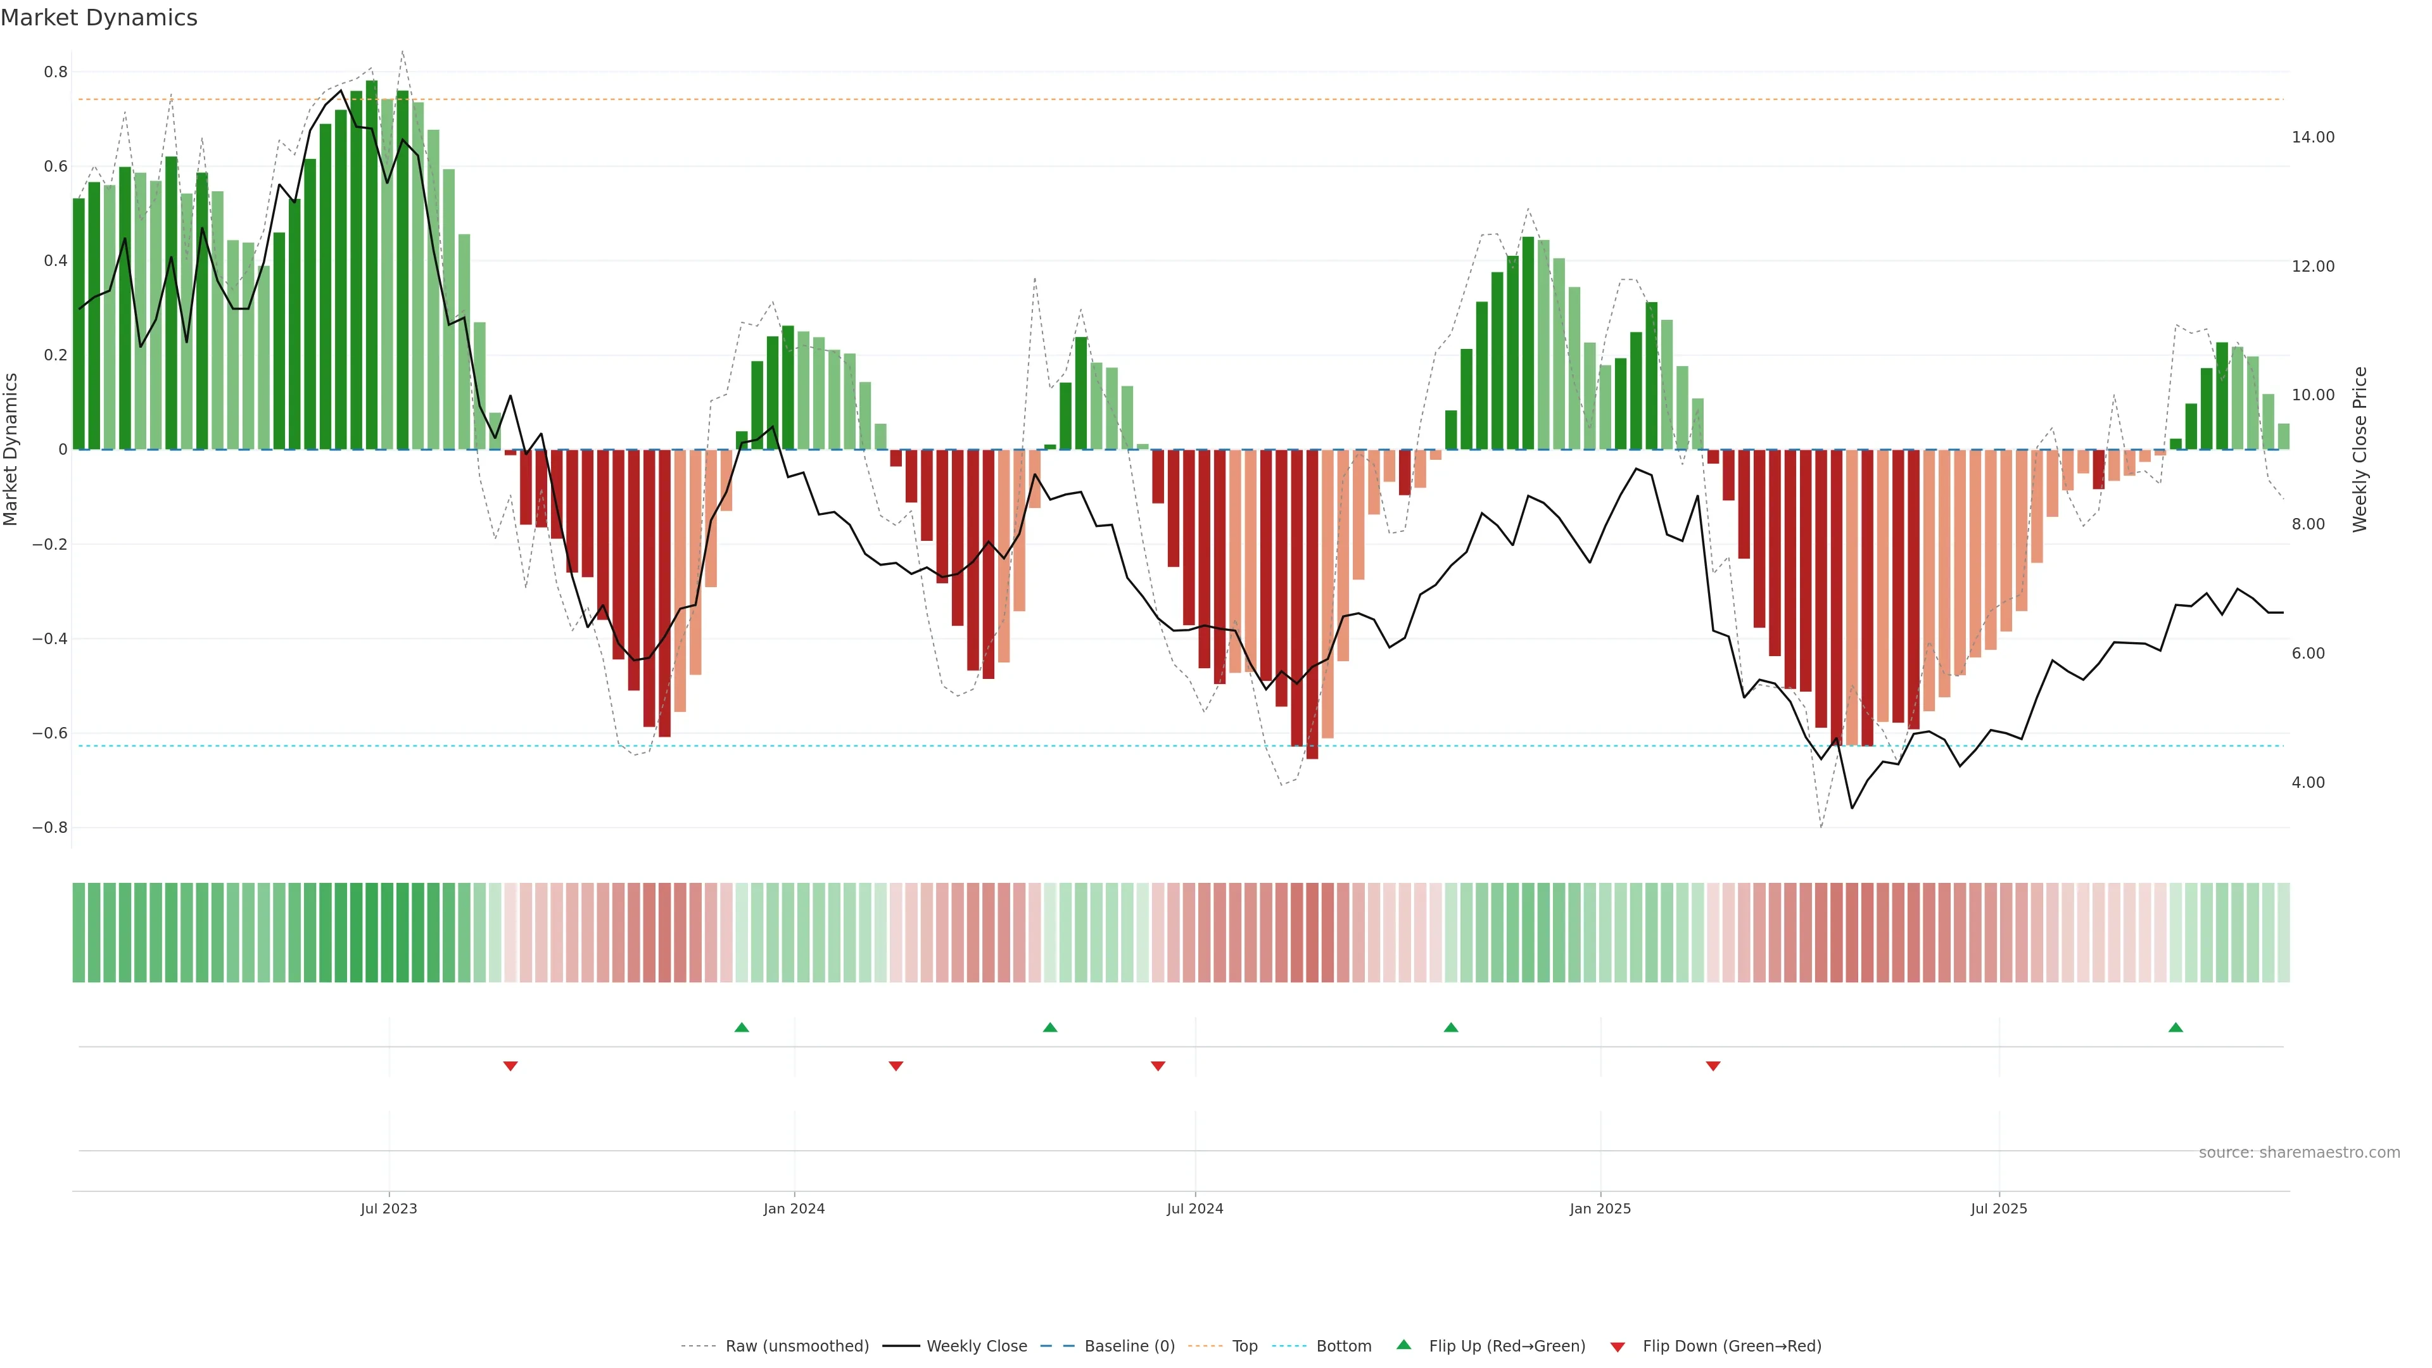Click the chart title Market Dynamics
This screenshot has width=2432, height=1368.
[99, 18]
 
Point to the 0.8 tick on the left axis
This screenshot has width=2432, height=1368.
[56, 72]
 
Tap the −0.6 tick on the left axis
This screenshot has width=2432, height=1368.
[49, 733]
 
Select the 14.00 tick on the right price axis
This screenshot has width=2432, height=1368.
[2312, 137]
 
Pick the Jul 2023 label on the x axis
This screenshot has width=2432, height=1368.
[388, 1208]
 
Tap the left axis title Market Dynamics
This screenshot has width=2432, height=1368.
[11, 450]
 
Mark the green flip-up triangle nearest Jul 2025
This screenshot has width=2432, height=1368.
[2175, 1027]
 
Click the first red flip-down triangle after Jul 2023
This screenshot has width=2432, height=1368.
[510, 1066]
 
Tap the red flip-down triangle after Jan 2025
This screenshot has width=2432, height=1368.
[1713, 1066]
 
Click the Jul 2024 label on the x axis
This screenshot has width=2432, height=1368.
[1194, 1208]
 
